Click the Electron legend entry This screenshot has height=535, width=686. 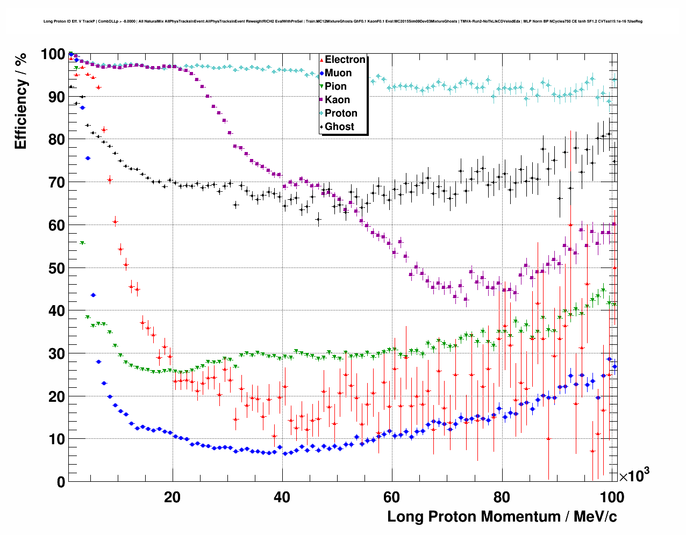(x=345, y=60)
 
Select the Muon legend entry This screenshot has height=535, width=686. (x=338, y=73)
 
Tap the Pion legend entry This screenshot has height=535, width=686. (x=335, y=86)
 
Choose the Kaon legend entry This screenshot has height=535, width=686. (x=337, y=100)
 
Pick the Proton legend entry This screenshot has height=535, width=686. (x=341, y=113)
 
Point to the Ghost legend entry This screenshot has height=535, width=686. (x=339, y=127)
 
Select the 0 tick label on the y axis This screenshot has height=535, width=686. (x=61, y=482)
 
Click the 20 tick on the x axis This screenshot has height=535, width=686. (x=173, y=497)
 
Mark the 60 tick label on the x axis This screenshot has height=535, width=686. (x=392, y=497)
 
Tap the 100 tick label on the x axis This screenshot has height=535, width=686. (x=611, y=497)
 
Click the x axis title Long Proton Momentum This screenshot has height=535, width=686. (x=502, y=517)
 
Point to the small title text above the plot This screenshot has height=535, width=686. (x=342, y=21)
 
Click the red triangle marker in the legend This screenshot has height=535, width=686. (x=321, y=60)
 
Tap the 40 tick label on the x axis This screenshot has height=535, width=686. (x=282, y=497)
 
